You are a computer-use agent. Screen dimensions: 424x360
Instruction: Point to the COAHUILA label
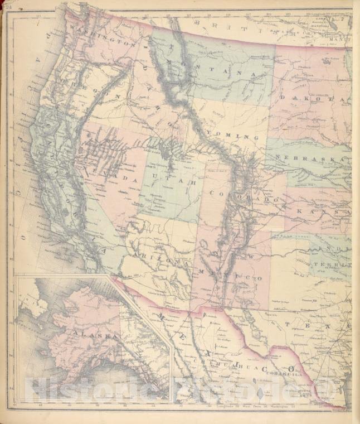[284, 375]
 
